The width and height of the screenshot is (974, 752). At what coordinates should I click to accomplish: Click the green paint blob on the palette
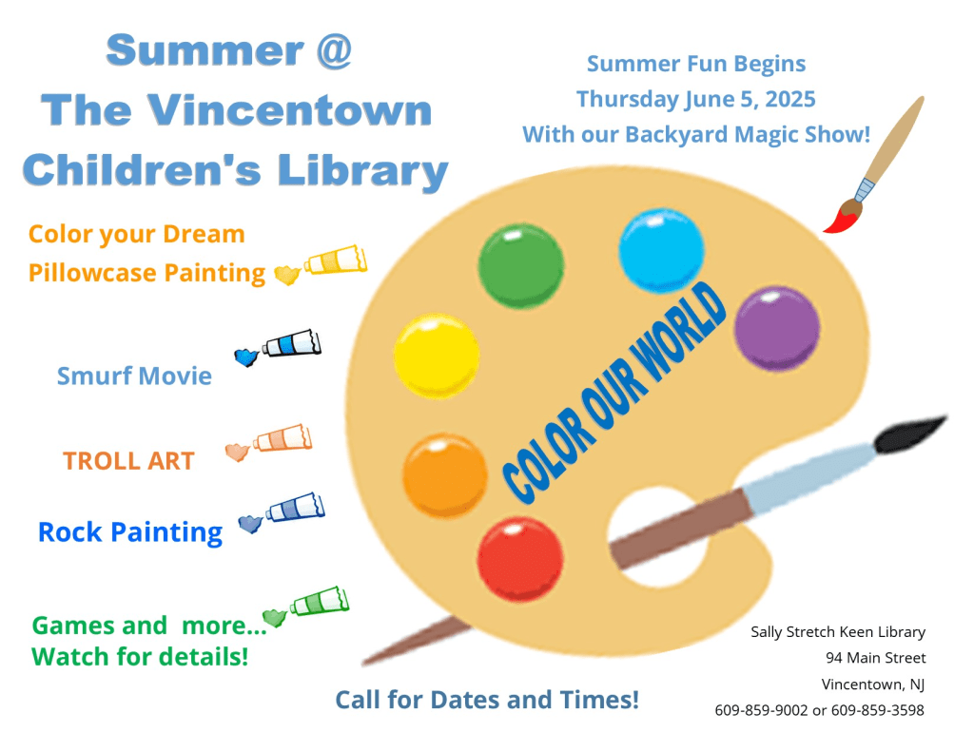[x=520, y=266]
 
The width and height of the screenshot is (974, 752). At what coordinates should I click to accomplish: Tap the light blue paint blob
[x=661, y=250]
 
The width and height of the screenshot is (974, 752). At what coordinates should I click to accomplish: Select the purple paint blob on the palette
[x=776, y=329]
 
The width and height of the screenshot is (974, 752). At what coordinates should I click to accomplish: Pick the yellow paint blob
[x=436, y=356]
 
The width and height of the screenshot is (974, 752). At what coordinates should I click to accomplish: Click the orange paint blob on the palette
[x=444, y=475]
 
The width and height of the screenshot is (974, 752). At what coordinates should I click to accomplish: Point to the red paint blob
[x=520, y=559]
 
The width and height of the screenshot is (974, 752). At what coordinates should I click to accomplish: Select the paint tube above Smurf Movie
[x=291, y=344]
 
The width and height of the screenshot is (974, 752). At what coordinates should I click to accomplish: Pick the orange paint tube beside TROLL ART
[x=282, y=437]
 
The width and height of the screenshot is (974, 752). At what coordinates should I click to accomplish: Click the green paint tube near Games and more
[x=320, y=601]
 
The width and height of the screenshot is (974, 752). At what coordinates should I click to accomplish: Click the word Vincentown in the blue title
[x=289, y=110]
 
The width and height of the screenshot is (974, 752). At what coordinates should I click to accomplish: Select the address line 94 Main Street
[x=875, y=658]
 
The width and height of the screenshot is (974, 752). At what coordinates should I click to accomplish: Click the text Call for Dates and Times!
[x=487, y=700]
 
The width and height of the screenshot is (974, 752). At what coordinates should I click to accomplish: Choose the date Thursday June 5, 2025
[x=695, y=100]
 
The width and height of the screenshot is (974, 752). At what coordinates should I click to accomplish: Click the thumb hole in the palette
[x=658, y=537]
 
